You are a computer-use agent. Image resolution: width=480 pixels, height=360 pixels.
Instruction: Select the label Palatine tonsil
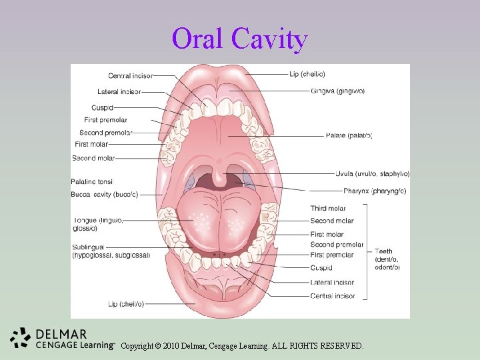pyautogui.click(x=92, y=181)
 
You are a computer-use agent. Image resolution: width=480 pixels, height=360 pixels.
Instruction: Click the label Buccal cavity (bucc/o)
pyautogui.click(x=104, y=195)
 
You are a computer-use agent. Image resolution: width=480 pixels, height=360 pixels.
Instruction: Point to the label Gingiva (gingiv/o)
pyautogui.click(x=337, y=91)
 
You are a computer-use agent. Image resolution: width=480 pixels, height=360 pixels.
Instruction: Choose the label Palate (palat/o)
pyautogui.click(x=349, y=136)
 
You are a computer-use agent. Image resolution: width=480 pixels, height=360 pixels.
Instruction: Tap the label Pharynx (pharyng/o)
pyautogui.click(x=358, y=191)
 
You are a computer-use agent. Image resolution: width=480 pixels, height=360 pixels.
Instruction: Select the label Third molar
pyautogui.click(x=328, y=209)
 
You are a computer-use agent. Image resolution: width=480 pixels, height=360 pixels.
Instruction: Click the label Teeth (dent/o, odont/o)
pyautogui.click(x=387, y=259)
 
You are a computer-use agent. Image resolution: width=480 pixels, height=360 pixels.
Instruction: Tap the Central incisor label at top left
pyautogui.click(x=131, y=76)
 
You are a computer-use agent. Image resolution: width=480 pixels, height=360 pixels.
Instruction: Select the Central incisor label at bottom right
pyautogui.click(x=333, y=296)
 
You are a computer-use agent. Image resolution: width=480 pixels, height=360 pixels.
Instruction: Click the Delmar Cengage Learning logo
pyautogui.click(x=61, y=338)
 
